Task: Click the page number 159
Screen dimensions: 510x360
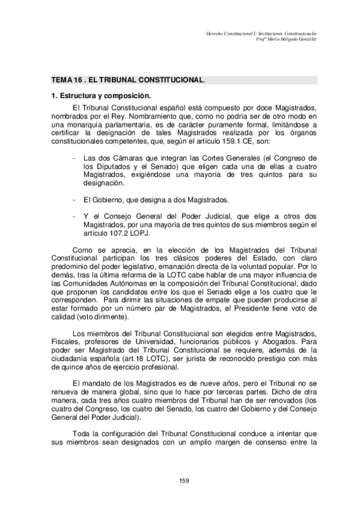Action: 185,480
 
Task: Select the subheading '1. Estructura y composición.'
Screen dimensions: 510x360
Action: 100,96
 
